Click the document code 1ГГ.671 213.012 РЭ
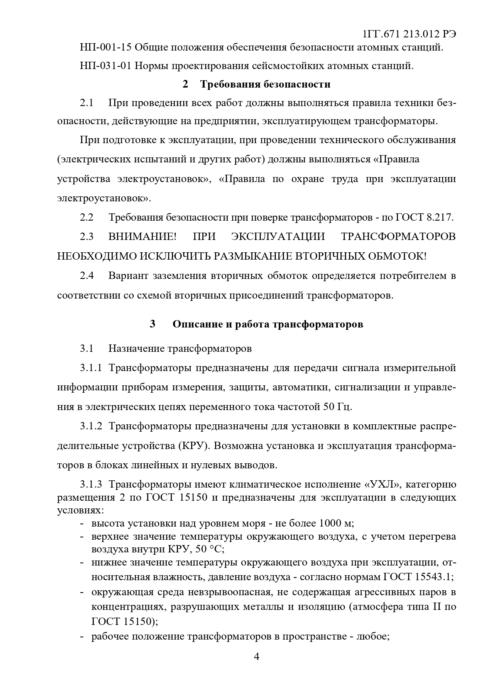pos(410,34)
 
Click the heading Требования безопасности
pos(265,84)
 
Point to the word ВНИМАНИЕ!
pos(142,236)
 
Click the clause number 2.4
pos(87,276)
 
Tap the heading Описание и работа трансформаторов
pos(267,324)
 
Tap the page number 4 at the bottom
pos(256,657)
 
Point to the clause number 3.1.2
pos(91,427)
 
